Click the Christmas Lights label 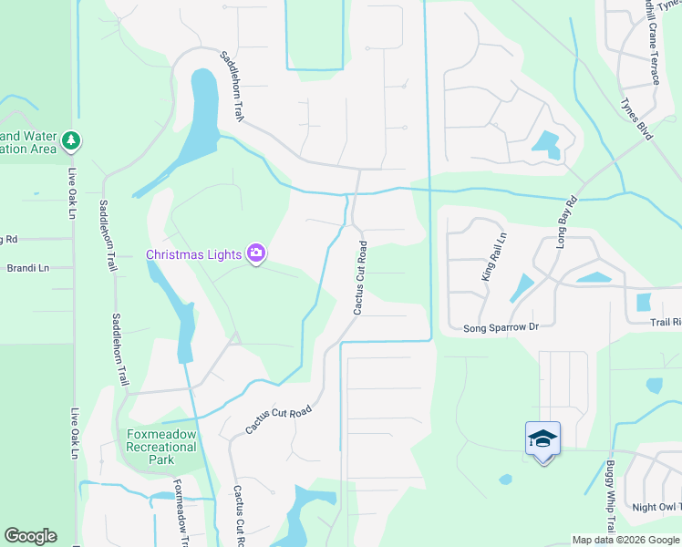(195, 253)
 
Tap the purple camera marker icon (257, 253)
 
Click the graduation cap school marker (542, 439)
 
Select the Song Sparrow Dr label (501, 327)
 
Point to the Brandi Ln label (26, 268)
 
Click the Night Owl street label (656, 507)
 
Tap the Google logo (30, 536)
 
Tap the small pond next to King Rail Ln (521, 288)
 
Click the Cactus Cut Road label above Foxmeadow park (278, 419)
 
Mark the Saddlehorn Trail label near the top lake (232, 87)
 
